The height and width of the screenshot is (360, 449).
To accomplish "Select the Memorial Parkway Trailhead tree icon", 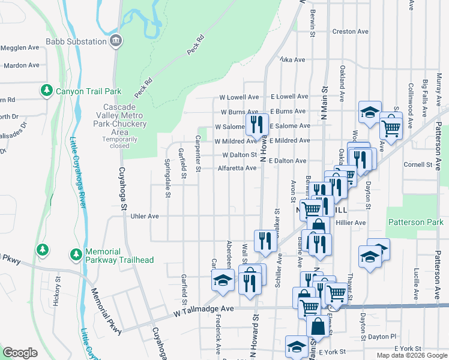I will pyautogui.click(x=76, y=255).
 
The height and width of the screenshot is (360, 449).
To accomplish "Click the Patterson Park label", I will pyautogui.click(x=415, y=222).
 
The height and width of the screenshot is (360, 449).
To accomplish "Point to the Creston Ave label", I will pyautogui.click(x=350, y=31).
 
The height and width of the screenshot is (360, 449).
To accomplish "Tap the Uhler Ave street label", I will pyautogui.click(x=144, y=216).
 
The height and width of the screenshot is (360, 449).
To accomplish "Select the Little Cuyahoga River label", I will pyautogui.click(x=79, y=174).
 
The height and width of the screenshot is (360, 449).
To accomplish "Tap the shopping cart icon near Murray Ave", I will pyautogui.click(x=391, y=127).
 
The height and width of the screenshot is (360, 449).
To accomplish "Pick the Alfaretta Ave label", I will pyautogui.click(x=237, y=169).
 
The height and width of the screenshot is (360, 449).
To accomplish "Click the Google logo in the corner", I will pyautogui.click(x=20, y=353).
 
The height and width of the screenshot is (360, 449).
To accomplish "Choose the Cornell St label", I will pyautogui.click(x=418, y=164).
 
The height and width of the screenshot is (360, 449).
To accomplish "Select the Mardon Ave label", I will pyautogui.click(x=22, y=65).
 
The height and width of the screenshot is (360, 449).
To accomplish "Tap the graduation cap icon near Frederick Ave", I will pyautogui.click(x=223, y=280).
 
